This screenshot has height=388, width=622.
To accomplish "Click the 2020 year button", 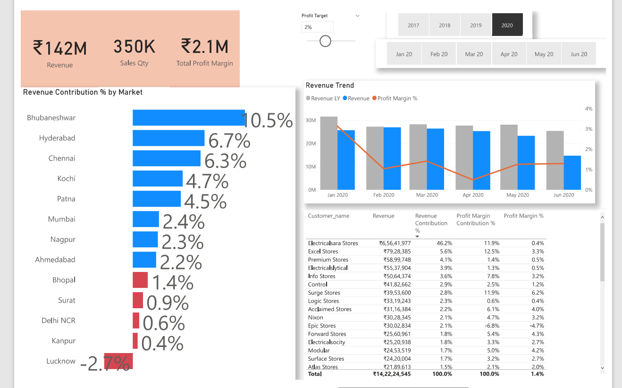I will click(507, 25).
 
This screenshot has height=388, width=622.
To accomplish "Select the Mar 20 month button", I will click(474, 54).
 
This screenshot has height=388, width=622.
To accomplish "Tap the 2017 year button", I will click(413, 25).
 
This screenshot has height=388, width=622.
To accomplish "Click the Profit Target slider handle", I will click(325, 41).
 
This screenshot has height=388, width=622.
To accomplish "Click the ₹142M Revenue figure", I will click(60, 48).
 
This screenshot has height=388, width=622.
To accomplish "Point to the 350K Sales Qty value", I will click(134, 47).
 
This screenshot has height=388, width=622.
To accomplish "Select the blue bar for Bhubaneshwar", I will click(188, 118).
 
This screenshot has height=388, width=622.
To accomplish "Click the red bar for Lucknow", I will click(118, 361).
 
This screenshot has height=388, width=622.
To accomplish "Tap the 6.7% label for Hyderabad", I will click(229, 141).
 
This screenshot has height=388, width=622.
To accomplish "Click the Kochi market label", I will click(66, 178).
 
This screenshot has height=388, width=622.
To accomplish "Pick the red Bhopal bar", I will click(140, 280).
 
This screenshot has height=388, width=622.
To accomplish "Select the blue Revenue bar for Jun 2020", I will click(572, 173).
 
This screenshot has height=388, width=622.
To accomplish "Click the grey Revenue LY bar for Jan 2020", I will click(328, 153).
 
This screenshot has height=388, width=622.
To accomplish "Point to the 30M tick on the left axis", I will click(311, 120).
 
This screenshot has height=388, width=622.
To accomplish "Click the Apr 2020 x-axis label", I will click(473, 195).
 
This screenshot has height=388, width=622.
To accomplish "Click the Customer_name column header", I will click(328, 216).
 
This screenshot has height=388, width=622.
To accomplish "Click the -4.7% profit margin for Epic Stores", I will click(537, 326).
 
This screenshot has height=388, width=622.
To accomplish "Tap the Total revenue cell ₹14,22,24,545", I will click(391, 374).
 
